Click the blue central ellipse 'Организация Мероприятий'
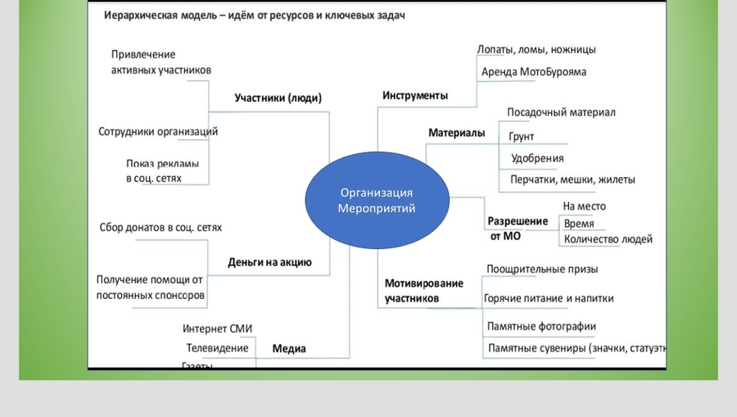click(377, 201)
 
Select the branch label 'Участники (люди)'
click(278, 98)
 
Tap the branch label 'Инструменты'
click(415, 95)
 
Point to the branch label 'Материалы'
click(456, 133)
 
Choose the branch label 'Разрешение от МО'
click(518, 229)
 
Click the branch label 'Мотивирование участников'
click(423, 291)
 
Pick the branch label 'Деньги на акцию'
click(269, 263)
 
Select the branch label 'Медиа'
click(288, 349)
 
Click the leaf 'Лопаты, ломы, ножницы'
click(536, 49)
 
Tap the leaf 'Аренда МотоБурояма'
click(533, 72)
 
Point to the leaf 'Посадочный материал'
click(561, 112)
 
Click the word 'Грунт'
click(522, 137)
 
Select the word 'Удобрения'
click(537, 158)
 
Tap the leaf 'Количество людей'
click(608, 239)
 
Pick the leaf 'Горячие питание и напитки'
click(549, 298)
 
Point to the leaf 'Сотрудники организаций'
click(158, 131)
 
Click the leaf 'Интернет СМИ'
click(217, 329)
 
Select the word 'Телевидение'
click(217, 347)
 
